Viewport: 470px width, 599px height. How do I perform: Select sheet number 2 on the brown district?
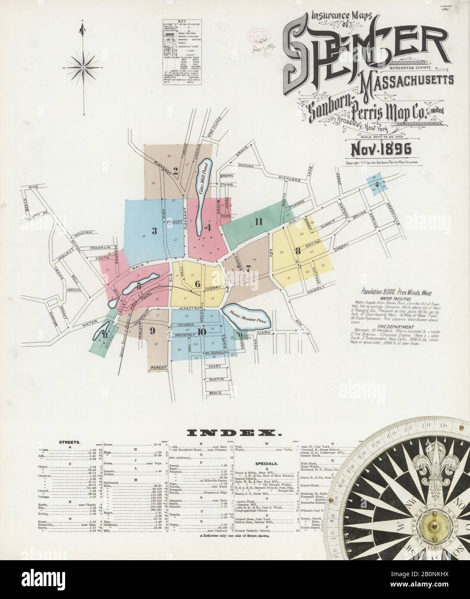point(175,169)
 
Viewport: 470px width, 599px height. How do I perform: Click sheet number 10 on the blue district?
point(201,331)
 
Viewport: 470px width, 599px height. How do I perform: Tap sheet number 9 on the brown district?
point(152,331)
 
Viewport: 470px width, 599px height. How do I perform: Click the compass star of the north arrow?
point(82,68)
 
